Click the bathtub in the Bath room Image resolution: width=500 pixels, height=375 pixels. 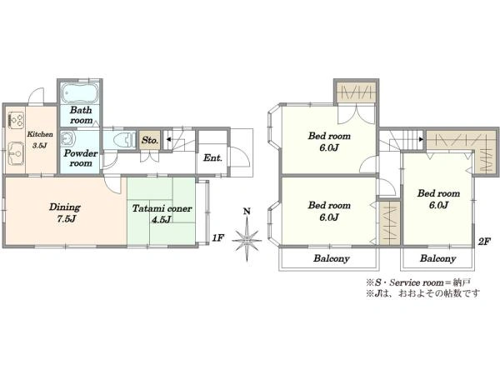(x=80, y=92)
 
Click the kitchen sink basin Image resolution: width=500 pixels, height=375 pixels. (x=15, y=153)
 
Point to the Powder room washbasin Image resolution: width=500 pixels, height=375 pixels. (x=68, y=138)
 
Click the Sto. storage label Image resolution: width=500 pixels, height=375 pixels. (x=149, y=140)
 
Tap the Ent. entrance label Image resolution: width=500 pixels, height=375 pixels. (x=212, y=157)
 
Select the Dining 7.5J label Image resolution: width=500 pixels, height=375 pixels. (x=65, y=212)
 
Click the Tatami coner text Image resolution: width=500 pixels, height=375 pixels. (x=162, y=209)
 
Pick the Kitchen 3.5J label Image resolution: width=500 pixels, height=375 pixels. (x=40, y=140)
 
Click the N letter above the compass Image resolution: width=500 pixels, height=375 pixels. (x=247, y=212)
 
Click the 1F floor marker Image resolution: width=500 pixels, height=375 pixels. (x=218, y=237)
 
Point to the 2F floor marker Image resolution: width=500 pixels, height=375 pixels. (x=483, y=242)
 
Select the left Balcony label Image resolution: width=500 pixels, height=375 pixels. (x=332, y=258)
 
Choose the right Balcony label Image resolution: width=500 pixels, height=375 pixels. (x=437, y=258)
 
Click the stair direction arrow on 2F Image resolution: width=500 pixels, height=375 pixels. (x=421, y=139)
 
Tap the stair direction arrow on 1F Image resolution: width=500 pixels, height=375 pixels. (x=168, y=139)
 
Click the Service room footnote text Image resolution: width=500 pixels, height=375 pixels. (x=418, y=282)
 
